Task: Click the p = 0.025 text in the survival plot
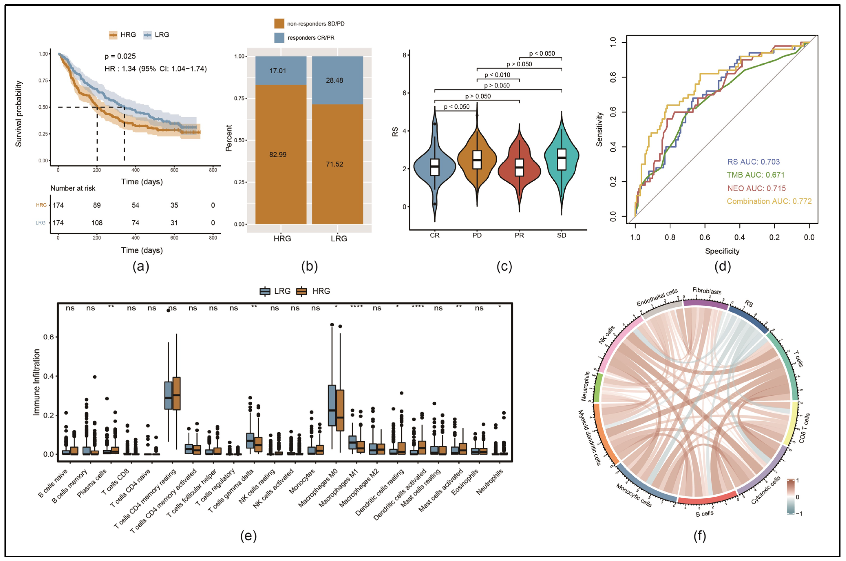(120, 56)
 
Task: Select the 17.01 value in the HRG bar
(278, 71)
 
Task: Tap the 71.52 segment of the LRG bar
(334, 164)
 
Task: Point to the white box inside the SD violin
(562, 159)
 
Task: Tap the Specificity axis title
(722, 251)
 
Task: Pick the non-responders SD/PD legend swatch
(279, 24)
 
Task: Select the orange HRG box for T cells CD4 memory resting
(176, 394)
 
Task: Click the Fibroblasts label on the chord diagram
(707, 291)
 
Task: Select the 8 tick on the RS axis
(404, 55)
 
